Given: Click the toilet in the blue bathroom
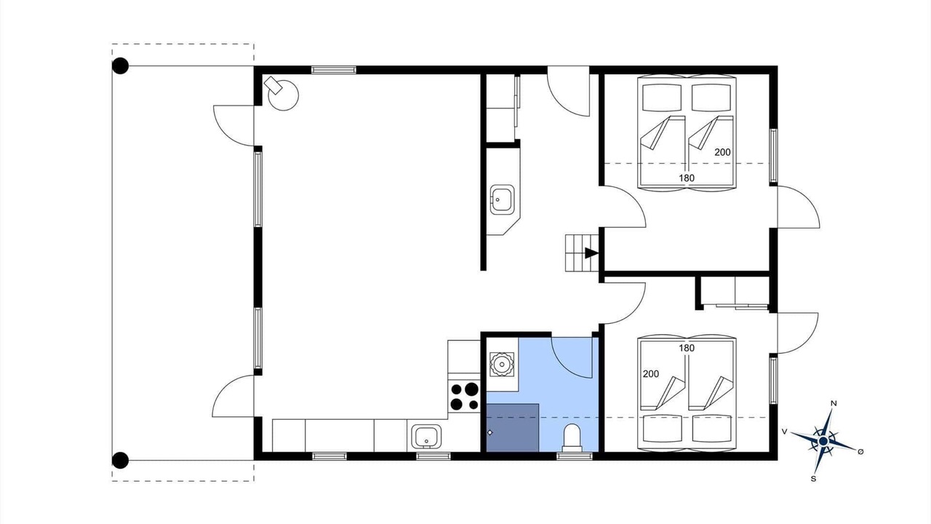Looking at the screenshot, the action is [572, 438].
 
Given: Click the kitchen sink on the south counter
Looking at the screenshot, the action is [426, 437].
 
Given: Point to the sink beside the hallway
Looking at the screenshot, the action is [502, 199].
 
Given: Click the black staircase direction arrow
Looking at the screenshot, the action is [591, 253].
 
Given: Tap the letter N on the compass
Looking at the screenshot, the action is [834, 403].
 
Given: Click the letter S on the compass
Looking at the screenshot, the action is [813, 479].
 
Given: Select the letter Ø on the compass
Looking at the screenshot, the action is [860, 452].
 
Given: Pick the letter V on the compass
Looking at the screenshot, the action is [784, 432].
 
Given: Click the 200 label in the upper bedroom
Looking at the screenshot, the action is [722, 152].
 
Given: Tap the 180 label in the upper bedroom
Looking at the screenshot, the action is [687, 178].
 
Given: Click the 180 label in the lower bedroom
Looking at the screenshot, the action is [687, 348].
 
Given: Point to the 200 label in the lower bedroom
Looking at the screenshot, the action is [651, 374].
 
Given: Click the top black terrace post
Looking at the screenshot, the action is [121, 65].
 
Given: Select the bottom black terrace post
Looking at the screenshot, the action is [121, 461].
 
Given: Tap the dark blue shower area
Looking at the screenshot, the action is [513, 427].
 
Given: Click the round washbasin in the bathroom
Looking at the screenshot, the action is [502, 365].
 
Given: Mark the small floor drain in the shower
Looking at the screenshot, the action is [490, 432].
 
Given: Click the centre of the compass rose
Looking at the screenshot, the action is [823, 441].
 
